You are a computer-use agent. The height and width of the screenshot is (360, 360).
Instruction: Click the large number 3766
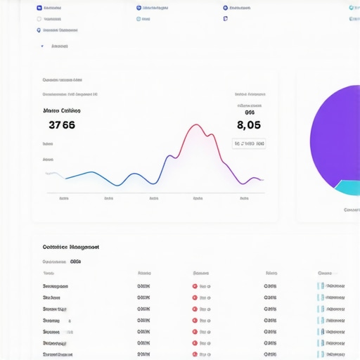62,125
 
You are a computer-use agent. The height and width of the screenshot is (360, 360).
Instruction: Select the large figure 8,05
249,125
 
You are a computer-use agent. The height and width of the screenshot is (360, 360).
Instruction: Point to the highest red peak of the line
195,126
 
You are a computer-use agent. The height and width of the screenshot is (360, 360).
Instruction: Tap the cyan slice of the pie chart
347,187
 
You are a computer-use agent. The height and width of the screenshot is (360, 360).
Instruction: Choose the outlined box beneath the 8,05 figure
249,143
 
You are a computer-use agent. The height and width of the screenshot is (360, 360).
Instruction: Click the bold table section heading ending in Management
70,247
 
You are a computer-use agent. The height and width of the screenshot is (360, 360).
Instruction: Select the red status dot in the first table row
195,286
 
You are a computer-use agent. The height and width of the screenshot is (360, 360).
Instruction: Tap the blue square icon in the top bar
39,8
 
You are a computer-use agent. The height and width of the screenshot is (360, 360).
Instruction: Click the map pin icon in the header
39,30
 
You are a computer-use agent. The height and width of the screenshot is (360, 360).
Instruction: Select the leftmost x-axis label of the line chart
64,198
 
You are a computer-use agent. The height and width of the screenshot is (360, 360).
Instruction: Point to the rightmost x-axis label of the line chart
243,198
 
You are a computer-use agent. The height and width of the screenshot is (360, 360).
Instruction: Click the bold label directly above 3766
61,110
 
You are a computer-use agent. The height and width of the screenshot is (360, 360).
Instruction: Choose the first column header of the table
49,273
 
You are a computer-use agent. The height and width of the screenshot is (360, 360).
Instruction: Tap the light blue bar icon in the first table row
321,286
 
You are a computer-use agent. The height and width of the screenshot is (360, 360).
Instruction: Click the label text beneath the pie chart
351,210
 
